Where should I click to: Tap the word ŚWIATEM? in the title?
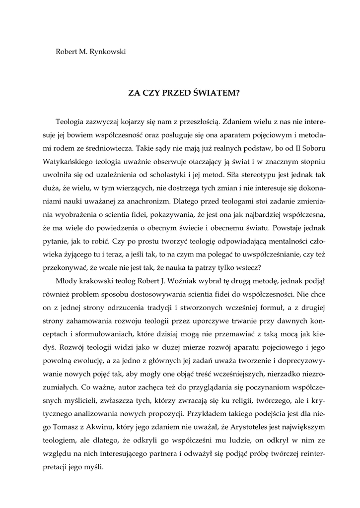(216, 92)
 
